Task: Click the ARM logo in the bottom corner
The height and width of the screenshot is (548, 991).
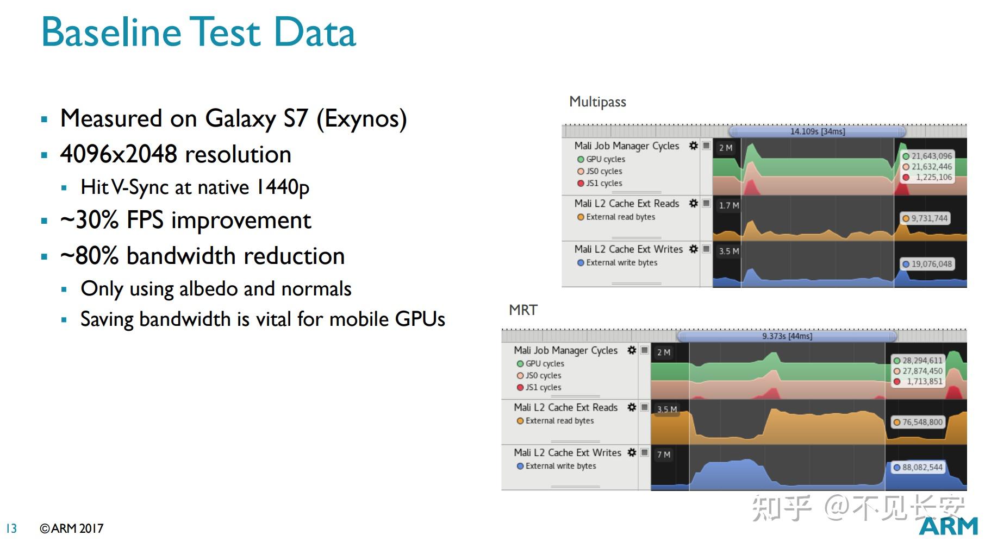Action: click(948, 526)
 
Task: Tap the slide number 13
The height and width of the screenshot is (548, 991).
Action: click(11, 528)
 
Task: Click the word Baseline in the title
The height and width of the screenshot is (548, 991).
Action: click(111, 32)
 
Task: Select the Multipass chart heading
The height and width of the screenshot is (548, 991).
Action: click(597, 102)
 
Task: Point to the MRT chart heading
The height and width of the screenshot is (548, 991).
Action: click(523, 310)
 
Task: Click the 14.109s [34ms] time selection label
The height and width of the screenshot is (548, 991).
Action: click(817, 131)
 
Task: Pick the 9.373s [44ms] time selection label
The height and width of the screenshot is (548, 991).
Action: click(787, 336)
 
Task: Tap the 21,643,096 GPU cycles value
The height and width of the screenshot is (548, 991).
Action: click(932, 156)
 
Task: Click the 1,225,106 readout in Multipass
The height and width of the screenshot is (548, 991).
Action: click(934, 177)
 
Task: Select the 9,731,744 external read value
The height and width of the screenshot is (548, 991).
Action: click(930, 218)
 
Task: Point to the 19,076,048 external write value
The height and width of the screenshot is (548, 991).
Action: click(932, 264)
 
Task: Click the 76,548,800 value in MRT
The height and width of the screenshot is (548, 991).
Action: click(923, 422)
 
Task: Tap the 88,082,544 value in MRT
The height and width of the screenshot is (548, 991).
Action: click(923, 467)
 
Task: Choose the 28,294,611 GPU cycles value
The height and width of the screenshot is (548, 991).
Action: click(923, 361)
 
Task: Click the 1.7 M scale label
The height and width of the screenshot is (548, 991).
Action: click(729, 205)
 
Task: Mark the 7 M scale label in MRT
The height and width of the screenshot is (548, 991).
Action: click(664, 455)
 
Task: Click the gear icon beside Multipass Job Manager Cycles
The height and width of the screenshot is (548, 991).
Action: click(693, 146)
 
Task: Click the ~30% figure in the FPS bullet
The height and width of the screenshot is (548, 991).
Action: click(90, 221)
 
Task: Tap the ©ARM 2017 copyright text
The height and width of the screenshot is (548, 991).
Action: click(71, 528)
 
